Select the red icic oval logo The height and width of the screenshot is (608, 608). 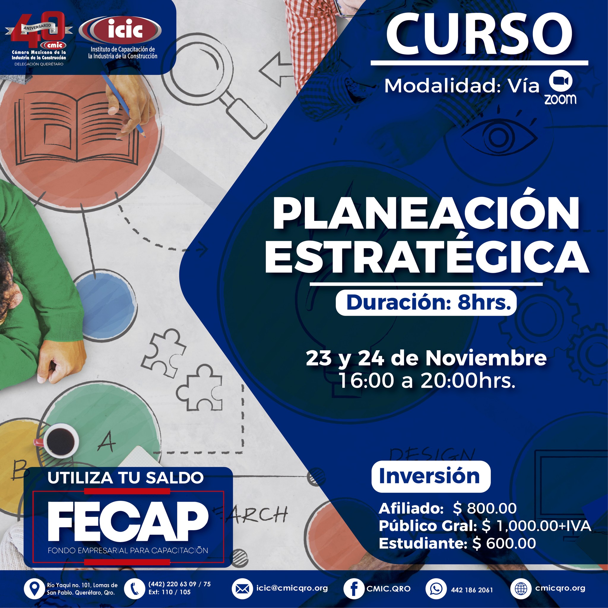click(x=121, y=30)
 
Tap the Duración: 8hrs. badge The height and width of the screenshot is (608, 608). click(x=426, y=303)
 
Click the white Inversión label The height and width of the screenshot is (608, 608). click(x=431, y=476)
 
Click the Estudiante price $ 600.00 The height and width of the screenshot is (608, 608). click(x=504, y=544)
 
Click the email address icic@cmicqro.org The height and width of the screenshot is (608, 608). click(x=292, y=588)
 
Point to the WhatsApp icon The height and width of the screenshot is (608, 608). click(x=436, y=588)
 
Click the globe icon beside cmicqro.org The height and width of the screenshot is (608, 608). click(x=520, y=588)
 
